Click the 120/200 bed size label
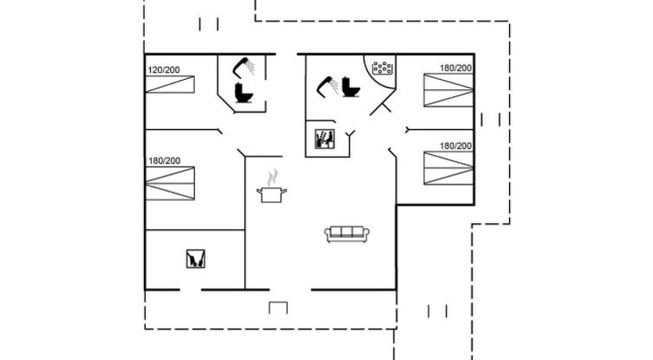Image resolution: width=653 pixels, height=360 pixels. tap(164, 70)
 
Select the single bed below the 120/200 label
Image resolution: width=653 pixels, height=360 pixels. tap(170, 84)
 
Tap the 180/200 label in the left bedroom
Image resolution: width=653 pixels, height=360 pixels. tap(164, 160)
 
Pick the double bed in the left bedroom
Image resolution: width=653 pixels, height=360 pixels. tap(170, 184)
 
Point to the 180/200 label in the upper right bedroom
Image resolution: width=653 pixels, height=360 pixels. tap(456, 68)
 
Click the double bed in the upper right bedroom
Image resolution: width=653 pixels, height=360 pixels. tap(449, 90)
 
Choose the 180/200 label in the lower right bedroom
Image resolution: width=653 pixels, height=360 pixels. tap(456, 146)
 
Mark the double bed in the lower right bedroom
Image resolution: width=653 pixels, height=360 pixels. tap(449, 167)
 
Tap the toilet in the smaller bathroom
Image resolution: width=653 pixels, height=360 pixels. tap(244, 93)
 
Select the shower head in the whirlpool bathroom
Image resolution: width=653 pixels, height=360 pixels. tap(328, 87)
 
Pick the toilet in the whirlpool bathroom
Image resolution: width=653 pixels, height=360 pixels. tap(351, 87)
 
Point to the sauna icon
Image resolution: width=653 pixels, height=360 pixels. tap(325, 139)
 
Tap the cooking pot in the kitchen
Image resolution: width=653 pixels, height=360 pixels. tap(272, 195)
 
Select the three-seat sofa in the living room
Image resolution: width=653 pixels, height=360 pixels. tap(347, 234)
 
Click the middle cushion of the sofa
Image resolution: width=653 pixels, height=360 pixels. tap(347, 232)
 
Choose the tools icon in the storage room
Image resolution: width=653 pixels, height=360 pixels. tap(195, 258)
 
